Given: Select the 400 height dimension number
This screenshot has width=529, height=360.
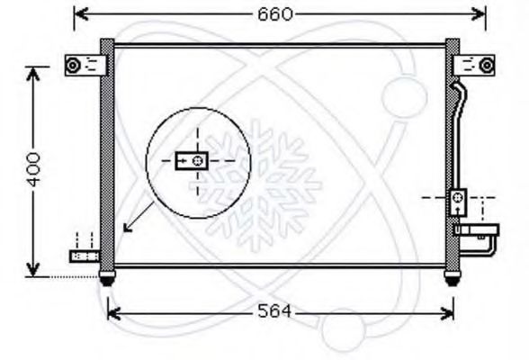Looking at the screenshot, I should click(x=32, y=169).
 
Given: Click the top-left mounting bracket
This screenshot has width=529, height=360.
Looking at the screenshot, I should click(x=85, y=65).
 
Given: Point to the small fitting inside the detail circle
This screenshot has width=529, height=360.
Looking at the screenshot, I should click(x=191, y=161).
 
